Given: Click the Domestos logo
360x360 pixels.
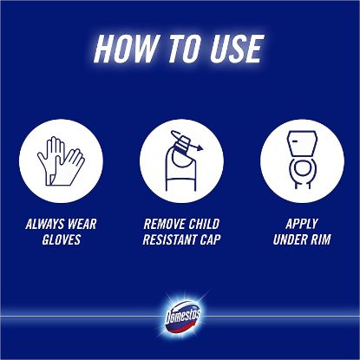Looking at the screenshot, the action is (x=183, y=317).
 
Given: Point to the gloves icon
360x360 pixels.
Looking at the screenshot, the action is (x=61, y=160).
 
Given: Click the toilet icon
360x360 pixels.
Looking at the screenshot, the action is (x=302, y=160).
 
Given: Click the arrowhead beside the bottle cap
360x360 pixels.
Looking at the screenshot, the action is (x=200, y=147).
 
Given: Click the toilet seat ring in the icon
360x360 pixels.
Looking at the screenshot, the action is (x=302, y=168).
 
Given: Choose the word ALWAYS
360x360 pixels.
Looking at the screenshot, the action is (x=45, y=224).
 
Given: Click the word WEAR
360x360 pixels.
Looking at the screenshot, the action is (x=82, y=224).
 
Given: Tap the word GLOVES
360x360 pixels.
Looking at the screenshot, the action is (x=62, y=239).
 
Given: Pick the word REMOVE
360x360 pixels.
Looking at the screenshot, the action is (x=165, y=224).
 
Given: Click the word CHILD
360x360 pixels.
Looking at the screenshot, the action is (x=205, y=224).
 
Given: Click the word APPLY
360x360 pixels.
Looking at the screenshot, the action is (x=302, y=224).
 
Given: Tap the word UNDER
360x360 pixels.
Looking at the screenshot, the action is (x=290, y=239).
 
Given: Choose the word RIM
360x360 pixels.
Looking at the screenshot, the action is (x=321, y=239).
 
